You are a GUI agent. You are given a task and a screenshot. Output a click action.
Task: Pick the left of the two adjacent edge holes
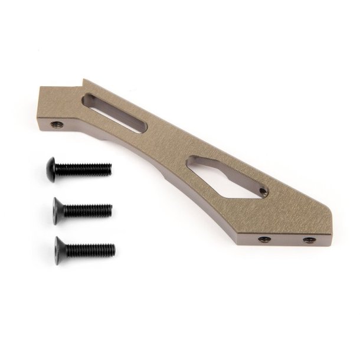(x=264, y=240)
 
